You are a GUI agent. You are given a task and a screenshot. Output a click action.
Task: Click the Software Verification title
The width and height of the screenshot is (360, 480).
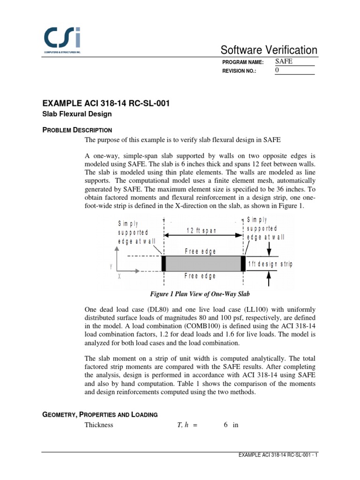click(x=269, y=50)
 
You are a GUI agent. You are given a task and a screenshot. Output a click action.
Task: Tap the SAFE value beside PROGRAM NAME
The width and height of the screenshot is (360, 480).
click(x=283, y=61)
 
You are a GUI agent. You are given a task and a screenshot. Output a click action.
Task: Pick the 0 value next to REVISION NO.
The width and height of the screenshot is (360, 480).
click(x=277, y=70)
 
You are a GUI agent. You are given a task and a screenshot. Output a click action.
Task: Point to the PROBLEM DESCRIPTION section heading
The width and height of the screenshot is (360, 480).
click(x=77, y=130)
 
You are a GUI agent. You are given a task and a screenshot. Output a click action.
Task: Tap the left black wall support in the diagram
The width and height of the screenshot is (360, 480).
click(x=164, y=264)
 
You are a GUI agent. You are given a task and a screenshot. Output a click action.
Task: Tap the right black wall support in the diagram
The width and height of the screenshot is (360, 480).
click(x=243, y=264)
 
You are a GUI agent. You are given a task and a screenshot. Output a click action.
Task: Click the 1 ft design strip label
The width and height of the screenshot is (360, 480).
click(x=270, y=264)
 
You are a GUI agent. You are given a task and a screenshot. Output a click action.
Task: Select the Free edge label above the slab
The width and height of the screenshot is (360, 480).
click(x=201, y=251)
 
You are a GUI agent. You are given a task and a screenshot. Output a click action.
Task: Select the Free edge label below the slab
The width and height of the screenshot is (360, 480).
click(x=201, y=276)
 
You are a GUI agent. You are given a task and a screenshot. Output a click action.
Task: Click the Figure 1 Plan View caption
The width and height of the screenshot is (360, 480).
click(x=199, y=294)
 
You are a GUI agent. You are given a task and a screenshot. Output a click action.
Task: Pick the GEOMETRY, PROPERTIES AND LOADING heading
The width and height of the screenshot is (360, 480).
click(x=100, y=414)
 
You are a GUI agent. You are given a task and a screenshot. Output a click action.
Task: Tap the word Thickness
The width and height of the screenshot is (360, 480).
click(x=98, y=425)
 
